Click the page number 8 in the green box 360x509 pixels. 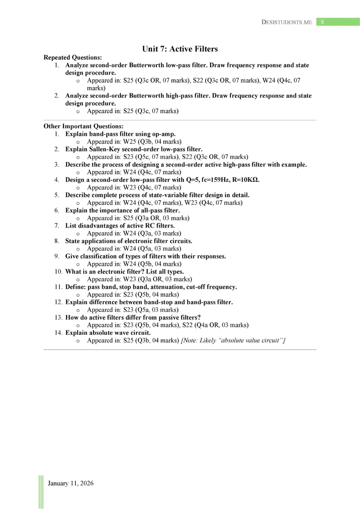[x=322, y=22]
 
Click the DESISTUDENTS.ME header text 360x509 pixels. [x=287, y=22]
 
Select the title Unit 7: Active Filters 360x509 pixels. [x=180, y=49]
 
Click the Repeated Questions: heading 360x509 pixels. [x=73, y=57]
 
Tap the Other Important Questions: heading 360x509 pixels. [x=83, y=126]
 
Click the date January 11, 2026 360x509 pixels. [x=70, y=483]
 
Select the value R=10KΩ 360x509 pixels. [x=246, y=180]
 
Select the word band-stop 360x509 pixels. [x=159, y=302]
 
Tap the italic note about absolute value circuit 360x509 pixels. [x=233, y=340]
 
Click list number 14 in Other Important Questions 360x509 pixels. [x=58, y=333]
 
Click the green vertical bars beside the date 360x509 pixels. [x=41, y=491]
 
